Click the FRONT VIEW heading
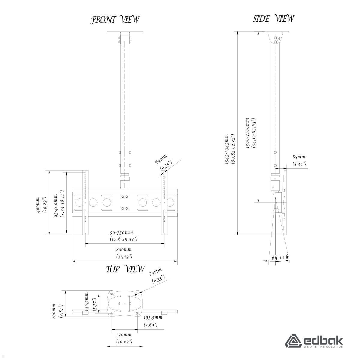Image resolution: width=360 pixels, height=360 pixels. pyautogui.click(x=115, y=20)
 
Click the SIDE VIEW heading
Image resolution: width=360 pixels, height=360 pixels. pyautogui.click(x=273, y=19)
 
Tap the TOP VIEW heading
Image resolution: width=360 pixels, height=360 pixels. pyautogui.click(x=125, y=269)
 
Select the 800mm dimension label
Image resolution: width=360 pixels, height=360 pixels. pyautogui.click(x=124, y=250)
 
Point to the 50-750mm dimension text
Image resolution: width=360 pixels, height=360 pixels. pyautogui.click(x=121, y=232)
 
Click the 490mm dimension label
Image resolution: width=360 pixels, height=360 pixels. pyautogui.click(x=38, y=205)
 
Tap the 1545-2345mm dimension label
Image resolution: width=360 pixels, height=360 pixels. pyautogui.click(x=227, y=149)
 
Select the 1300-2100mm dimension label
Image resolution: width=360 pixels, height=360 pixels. pyautogui.click(x=247, y=133)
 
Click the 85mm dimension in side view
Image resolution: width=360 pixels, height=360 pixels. pyautogui.click(x=299, y=157)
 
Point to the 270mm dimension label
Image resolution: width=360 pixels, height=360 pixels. pyautogui.click(x=124, y=335)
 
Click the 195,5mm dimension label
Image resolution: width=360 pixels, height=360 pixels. pyautogui.click(x=153, y=317)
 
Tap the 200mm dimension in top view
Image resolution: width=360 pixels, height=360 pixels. pyautogui.click(x=54, y=311)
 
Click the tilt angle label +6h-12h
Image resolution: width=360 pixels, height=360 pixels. pyautogui.click(x=279, y=258)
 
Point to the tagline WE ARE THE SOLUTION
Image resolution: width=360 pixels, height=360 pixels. pyautogui.click(x=323, y=347)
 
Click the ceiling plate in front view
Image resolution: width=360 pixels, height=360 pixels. pyautogui.click(x=125, y=32)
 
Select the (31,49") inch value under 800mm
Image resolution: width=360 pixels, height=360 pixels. pyautogui.click(x=124, y=256)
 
